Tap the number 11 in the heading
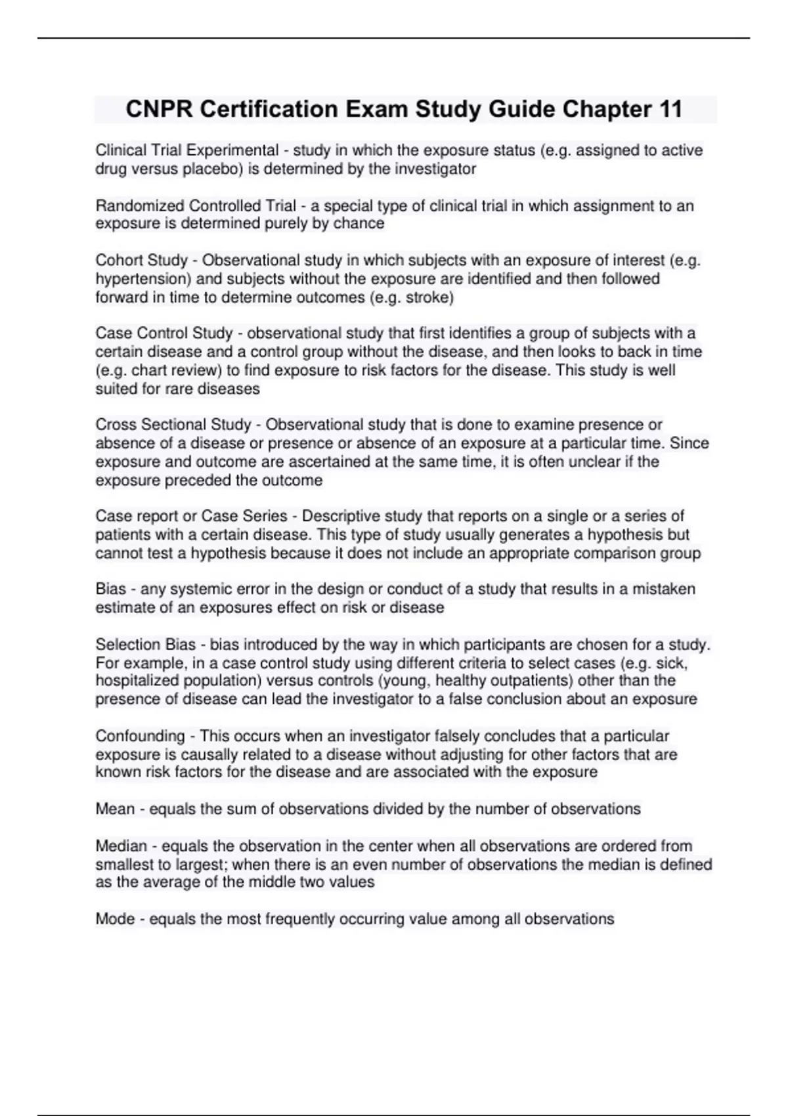[x=668, y=109]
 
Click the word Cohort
[x=118, y=261]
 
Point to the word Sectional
[x=173, y=425]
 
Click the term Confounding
[x=140, y=736]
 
